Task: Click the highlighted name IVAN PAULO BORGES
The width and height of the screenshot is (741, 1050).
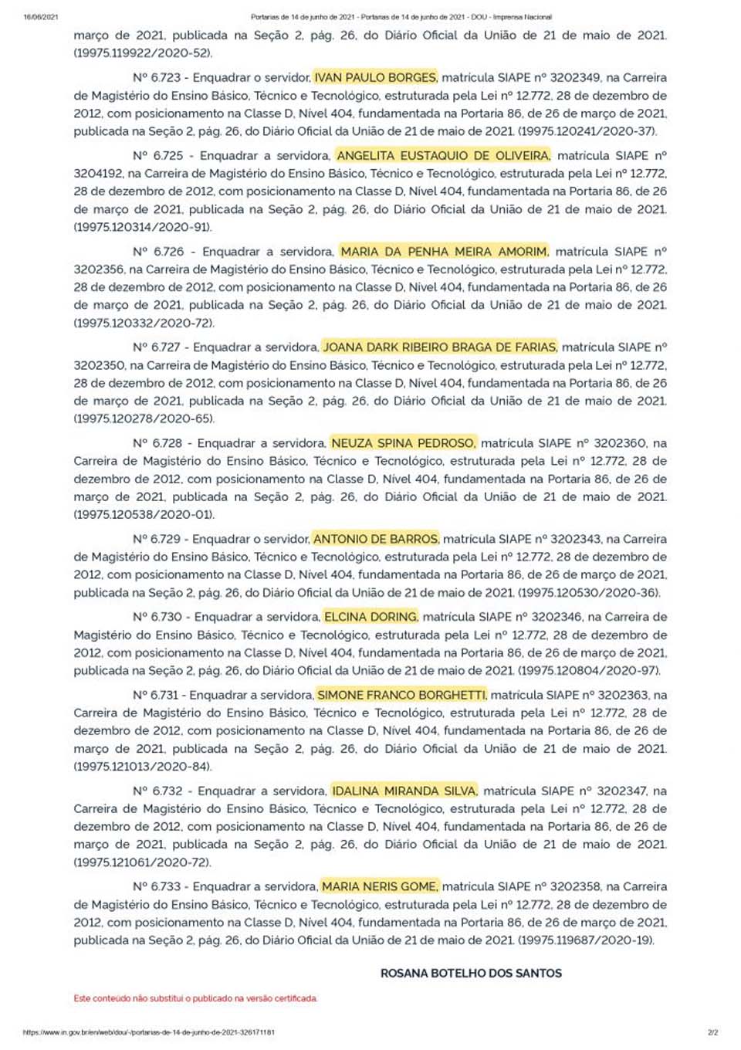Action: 375,78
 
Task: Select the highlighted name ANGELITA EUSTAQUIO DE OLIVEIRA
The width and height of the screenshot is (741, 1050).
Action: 443,156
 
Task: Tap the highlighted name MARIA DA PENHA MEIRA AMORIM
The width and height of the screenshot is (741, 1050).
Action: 444,252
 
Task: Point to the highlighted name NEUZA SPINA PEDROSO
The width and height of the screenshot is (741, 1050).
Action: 403,443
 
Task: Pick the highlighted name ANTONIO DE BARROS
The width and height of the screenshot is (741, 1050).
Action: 376,539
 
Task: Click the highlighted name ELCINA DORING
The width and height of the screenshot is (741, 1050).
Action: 371,617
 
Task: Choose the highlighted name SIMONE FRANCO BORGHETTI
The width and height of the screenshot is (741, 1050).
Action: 401,695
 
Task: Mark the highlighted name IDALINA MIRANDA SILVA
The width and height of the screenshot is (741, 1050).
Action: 404,791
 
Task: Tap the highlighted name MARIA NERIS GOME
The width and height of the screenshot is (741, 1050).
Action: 380,886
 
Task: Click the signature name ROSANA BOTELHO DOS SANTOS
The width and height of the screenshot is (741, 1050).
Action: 471,974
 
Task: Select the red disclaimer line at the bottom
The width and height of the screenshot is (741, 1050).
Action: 195,998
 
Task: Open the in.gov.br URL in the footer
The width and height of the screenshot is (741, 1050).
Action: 149,1031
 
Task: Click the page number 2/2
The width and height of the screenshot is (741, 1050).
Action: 712,1031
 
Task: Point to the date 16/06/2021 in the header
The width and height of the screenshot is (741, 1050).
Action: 41,16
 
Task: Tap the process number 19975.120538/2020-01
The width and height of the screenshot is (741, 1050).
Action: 144,515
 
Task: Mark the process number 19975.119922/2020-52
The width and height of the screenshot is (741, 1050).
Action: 143,53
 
